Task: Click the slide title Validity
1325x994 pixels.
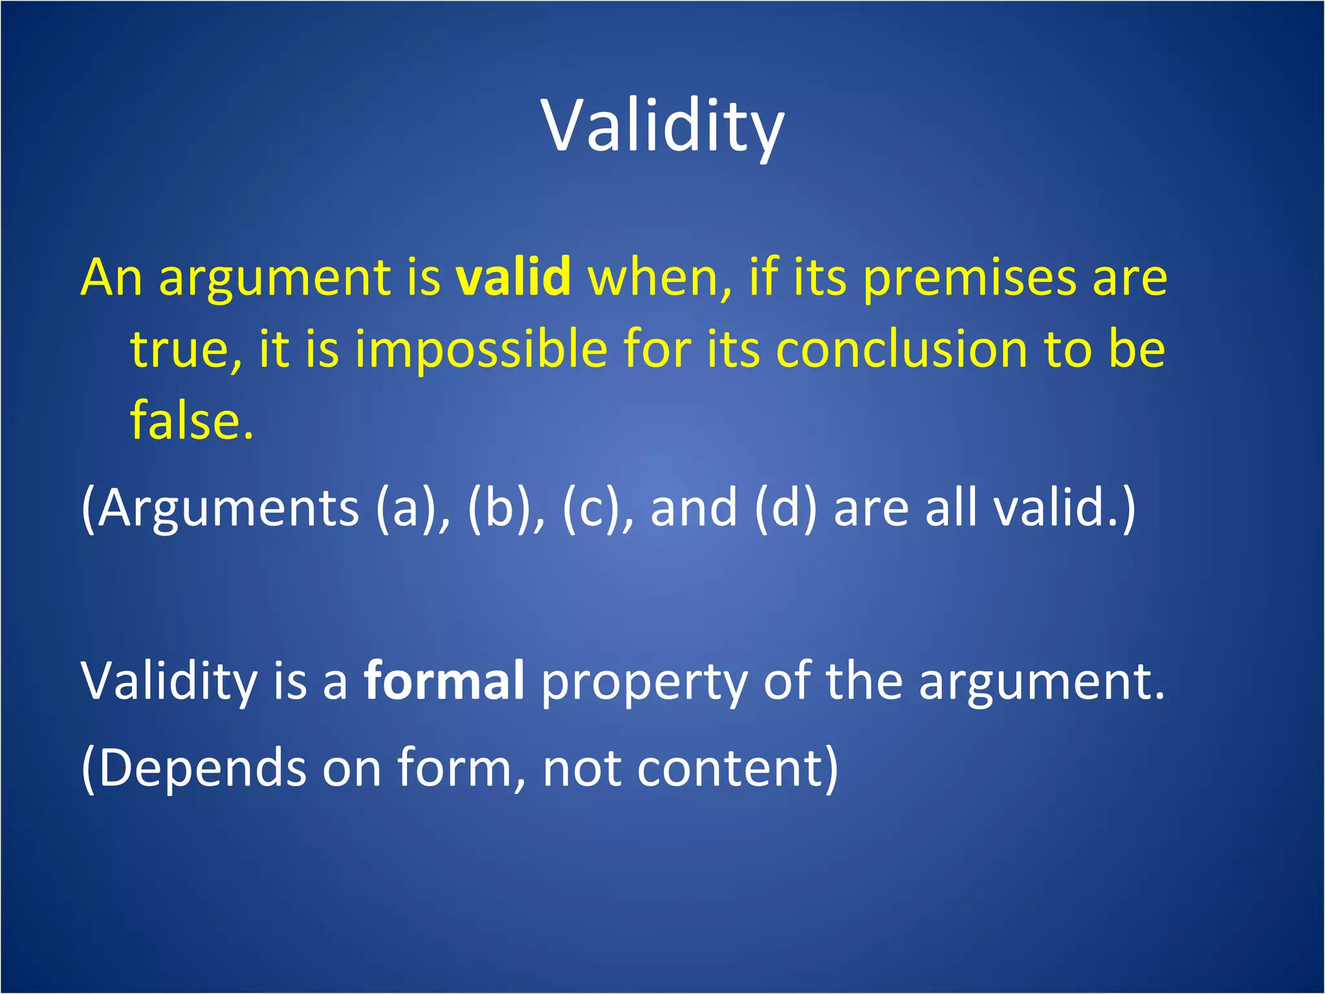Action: tap(662, 126)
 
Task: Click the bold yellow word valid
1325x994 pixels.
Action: tap(513, 277)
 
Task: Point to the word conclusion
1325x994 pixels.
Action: tap(901, 349)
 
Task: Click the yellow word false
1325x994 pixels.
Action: tap(192, 420)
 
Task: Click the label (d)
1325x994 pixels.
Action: tap(785, 508)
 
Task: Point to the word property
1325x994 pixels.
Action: tap(644, 683)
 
